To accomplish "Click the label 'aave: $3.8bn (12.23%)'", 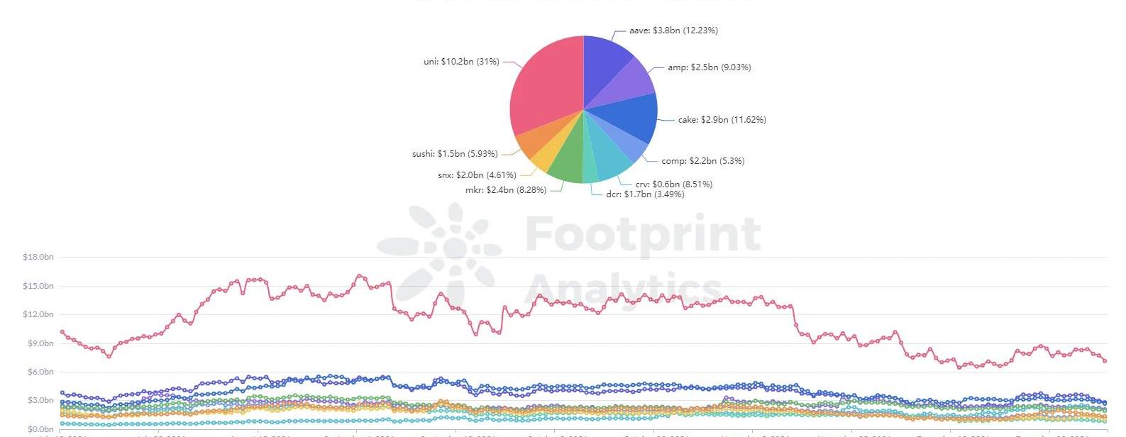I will point(673,31).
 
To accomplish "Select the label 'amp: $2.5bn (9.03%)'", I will point(709,67).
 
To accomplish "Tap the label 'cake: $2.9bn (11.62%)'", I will point(722,120).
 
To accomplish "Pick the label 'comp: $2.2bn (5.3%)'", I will point(702,161).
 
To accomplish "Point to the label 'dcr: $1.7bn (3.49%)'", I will point(645,194).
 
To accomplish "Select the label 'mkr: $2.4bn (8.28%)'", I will point(505,190).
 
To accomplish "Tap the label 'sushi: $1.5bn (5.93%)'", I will point(455,154).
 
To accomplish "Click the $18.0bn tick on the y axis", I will point(38,257).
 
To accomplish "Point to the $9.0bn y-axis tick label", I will point(40,343).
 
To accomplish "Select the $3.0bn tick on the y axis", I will point(40,401).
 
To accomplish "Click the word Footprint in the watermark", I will point(643,234).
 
